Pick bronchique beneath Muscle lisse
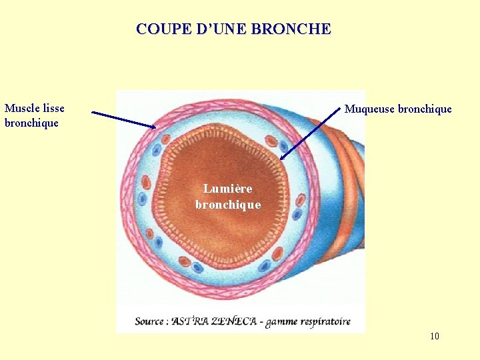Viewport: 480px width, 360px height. coord(31,123)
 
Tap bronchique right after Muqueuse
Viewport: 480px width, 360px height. coord(425,109)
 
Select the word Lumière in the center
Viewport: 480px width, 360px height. coord(228,189)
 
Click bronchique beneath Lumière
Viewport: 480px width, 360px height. coord(228,204)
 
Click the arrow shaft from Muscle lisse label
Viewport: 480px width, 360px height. coord(123,119)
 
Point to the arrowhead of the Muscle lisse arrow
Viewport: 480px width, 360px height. coord(153,127)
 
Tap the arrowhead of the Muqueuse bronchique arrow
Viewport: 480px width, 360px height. coord(283,157)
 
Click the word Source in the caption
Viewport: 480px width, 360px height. coord(149,321)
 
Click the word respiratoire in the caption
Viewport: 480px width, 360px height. coord(325,321)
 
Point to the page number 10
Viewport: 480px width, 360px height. coord(435,336)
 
